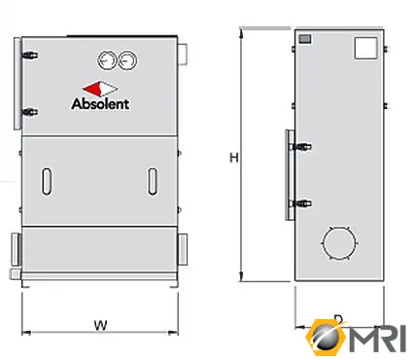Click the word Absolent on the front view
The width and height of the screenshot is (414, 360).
[x=100, y=104]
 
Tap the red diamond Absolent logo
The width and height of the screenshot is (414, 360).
[x=100, y=89]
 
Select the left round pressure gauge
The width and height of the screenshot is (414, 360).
[x=107, y=60]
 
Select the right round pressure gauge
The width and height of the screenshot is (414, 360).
[x=127, y=60]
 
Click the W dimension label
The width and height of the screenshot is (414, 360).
[x=100, y=325]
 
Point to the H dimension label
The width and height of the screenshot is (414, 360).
[x=234, y=158]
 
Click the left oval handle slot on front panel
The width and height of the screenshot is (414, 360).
[x=47, y=181]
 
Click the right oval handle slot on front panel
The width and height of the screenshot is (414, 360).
[x=153, y=181]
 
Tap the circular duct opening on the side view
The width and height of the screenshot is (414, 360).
[x=339, y=242]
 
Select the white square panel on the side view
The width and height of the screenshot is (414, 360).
[x=366, y=49]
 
